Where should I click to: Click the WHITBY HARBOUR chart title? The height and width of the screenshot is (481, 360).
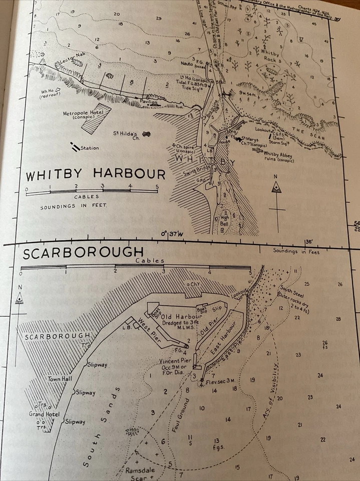click(x=96, y=175)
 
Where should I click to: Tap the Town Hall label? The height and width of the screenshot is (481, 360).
click(x=58, y=379)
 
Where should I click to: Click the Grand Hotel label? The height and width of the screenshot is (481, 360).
click(x=45, y=414)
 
